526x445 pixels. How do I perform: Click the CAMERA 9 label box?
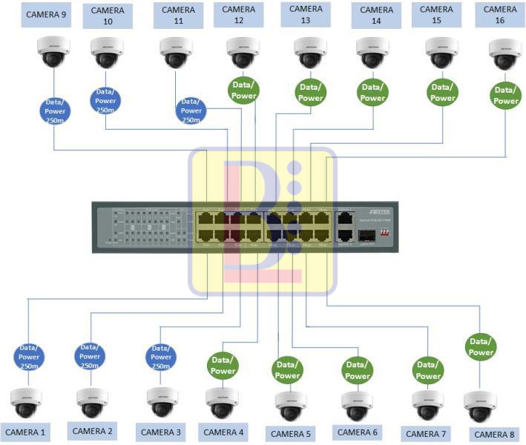click(47, 14)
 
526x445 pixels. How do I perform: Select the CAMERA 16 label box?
click(501, 14)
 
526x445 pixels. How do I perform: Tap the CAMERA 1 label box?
click(26, 432)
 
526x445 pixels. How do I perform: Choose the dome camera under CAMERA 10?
click(107, 53)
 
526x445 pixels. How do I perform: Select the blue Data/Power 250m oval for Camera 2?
click(90, 356)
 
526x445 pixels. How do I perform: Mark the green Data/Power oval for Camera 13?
click(310, 93)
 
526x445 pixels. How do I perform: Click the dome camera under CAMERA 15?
click(442, 53)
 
